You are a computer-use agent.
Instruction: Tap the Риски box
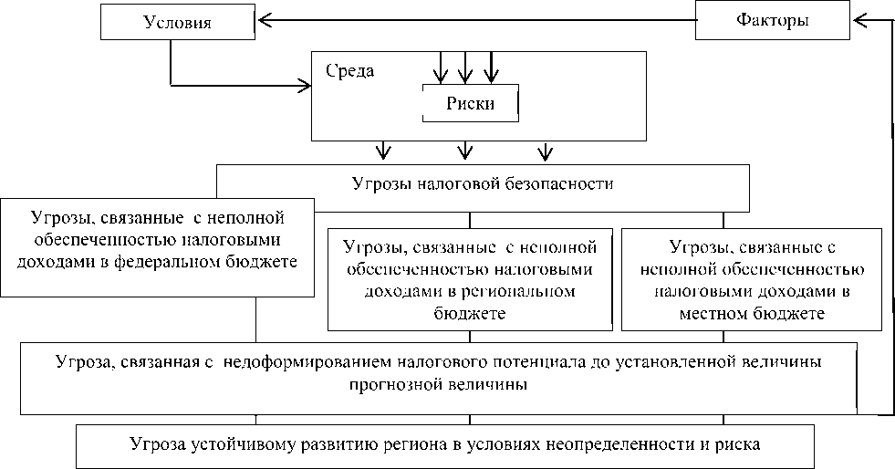(x=470, y=103)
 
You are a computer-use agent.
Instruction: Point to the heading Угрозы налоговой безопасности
(x=482, y=182)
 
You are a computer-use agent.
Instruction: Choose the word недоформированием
(x=317, y=362)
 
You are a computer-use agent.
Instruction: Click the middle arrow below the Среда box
(x=466, y=151)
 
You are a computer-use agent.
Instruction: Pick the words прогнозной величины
(x=437, y=384)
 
